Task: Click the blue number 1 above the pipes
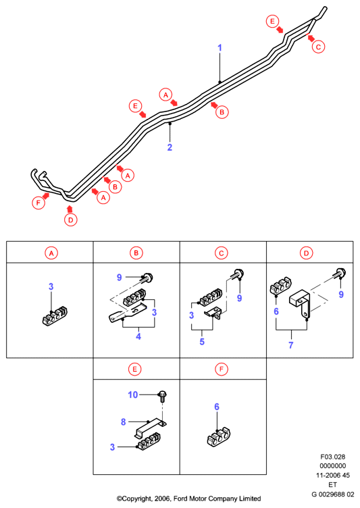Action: click(220, 48)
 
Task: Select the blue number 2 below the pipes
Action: click(170, 147)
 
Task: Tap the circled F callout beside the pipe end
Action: click(38, 203)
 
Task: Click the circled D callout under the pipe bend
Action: click(71, 220)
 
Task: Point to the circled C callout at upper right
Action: click(318, 47)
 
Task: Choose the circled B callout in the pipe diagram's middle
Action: click(222, 112)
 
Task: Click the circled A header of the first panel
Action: click(51, 253)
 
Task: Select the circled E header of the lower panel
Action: click(134, 369)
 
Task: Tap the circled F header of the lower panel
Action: click(222, 369)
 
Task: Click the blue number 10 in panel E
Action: click(133, 395)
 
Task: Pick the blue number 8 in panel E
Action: click(123, 422)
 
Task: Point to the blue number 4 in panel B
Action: click(138, 336)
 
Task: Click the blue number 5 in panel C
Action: click(202, 341)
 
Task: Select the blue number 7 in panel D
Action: click(290, 345)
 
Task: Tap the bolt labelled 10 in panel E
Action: click(162, 397)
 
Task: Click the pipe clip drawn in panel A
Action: click(55, 316)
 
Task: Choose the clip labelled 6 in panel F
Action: click(218, 436)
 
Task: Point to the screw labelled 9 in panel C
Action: click(238, 274)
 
